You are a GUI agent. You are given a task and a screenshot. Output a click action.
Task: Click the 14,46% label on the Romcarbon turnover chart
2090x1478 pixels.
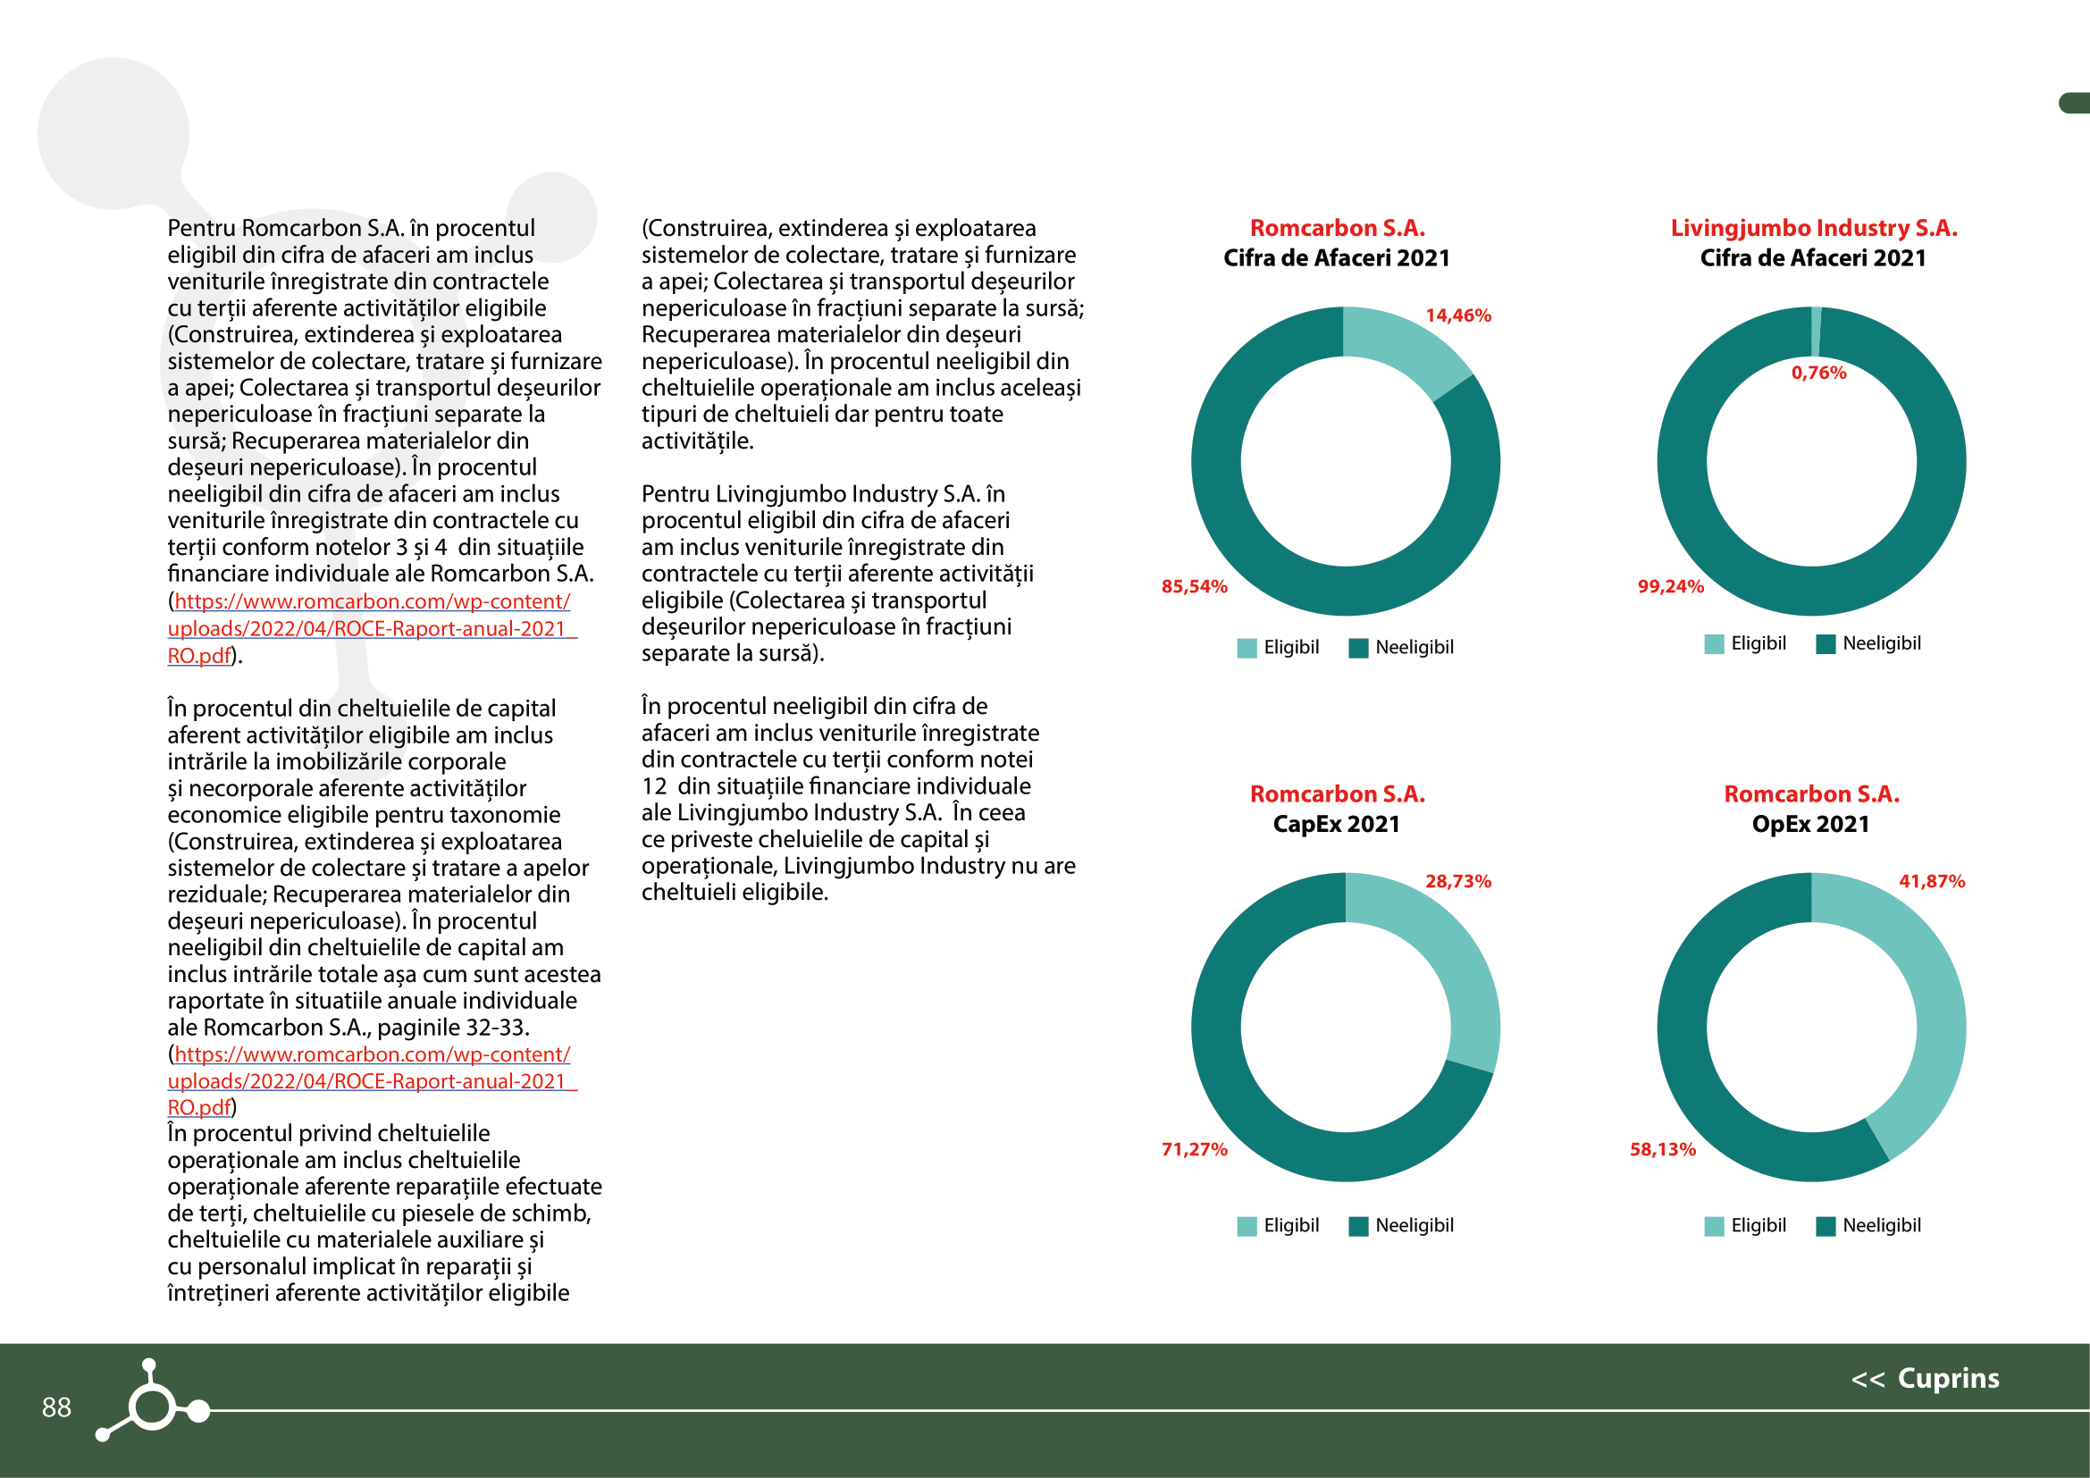[x=1457, y=315]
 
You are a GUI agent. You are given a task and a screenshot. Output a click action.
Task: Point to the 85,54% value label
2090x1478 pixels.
[x=1195, y=586]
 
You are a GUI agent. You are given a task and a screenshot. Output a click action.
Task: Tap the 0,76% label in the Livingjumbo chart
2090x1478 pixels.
[x=1817, y=373]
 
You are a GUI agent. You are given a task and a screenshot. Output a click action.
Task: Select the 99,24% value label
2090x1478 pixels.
[x=1670, y=586]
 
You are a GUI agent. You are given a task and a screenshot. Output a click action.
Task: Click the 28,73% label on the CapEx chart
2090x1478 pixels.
[x=1457, y=881]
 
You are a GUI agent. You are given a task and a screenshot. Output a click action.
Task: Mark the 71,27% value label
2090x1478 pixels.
[x=1195, y=1149]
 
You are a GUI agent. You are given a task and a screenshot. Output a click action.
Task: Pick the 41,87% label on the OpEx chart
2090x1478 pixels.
[x=1932, y=881]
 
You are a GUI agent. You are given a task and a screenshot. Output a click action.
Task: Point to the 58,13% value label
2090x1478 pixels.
[x=1662, y=1149]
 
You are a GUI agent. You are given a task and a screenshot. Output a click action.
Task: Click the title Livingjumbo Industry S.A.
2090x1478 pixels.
[x=1813, y=228]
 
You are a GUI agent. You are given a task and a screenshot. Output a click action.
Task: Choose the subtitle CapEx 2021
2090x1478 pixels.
[x=1335, y=824]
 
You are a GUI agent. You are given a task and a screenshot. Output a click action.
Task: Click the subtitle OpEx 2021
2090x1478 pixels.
[x=1810, y=824]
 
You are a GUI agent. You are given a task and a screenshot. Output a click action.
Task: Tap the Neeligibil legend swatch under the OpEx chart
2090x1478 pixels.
[x=1826, y=1226]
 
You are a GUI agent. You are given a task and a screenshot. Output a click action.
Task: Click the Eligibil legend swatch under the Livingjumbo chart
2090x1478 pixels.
[x=1714, y=644]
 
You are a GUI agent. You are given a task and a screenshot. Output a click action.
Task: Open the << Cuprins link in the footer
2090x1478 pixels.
[x=1925, y=1378]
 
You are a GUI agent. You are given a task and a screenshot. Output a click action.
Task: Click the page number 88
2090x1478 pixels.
[x=56, y=1407]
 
